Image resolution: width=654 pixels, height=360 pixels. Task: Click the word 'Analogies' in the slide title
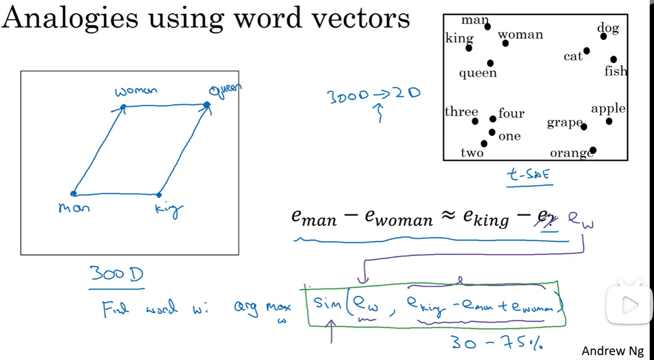[70, 18]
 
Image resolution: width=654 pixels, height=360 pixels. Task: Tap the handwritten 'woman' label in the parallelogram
[136, 91]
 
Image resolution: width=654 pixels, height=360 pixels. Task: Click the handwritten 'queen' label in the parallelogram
[224, 90]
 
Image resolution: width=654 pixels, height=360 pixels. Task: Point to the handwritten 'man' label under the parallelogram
[74, 208]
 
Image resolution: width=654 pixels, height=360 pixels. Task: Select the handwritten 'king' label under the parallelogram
[168, 210]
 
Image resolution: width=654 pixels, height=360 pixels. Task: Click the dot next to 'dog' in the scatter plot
[603, 37]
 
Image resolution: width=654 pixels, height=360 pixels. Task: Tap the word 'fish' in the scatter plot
[615, 71]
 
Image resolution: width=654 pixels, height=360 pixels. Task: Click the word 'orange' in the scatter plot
[570, 153]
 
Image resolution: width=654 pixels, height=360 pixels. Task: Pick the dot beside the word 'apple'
[609, 121]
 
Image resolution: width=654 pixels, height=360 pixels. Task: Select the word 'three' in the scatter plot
[461, 112]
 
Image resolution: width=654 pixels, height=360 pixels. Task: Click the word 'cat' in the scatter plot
[573, 56]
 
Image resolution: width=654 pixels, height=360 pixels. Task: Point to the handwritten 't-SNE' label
[529, 174]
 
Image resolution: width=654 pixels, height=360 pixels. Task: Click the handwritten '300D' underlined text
[116, 274]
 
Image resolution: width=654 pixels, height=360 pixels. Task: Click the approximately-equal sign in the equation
[448, 216]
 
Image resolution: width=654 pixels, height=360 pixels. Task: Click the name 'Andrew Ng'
[612, 351]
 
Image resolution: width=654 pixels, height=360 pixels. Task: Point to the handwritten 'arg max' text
[262, 307]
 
